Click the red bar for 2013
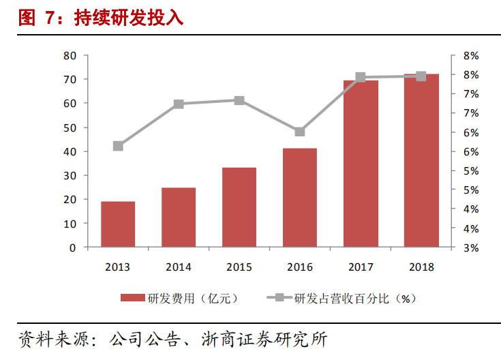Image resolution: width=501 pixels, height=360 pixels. (x=118, y=224)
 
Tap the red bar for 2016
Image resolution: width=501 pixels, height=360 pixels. (x=300, y=198)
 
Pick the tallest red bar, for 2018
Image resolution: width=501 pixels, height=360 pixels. (x=421, y=160)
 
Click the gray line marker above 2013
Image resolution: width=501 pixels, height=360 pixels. (x=118, y=146)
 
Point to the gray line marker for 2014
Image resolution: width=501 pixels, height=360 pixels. (x=179, y=104)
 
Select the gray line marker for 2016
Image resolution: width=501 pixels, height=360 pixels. (x=300, y=132)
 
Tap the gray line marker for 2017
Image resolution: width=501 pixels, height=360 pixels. (x=361, y=78)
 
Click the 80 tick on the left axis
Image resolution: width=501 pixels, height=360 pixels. (x=70, y=56)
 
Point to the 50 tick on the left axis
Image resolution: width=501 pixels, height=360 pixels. (x=70, y=127)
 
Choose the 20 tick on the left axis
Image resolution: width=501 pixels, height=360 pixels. (x=70, y=200)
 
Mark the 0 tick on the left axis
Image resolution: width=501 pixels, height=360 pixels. (x=72, y=247)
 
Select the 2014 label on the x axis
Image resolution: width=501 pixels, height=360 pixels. (x=179, y=267)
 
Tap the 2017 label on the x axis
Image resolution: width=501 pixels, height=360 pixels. (x=361, y=267)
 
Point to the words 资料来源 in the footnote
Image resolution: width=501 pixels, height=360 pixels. (x=44, y=339)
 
